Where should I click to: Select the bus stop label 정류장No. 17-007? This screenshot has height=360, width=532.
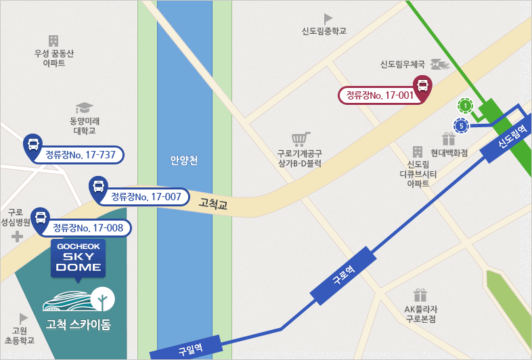146,197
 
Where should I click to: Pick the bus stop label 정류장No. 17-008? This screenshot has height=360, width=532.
88,228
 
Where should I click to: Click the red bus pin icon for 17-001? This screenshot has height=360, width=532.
422,86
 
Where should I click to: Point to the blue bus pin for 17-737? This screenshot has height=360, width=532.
32,145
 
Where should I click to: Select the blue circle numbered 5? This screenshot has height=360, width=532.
461,125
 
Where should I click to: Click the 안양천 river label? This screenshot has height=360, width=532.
184,161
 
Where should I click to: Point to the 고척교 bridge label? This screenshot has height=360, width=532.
213,202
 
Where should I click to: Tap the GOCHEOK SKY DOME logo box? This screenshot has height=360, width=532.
78,258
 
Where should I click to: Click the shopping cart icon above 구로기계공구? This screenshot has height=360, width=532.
300,139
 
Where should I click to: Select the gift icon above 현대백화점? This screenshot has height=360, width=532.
449,139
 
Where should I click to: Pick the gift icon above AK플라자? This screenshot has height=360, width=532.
420,295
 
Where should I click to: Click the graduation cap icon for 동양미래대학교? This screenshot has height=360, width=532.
84,108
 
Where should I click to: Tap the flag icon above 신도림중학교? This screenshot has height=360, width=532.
328,18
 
